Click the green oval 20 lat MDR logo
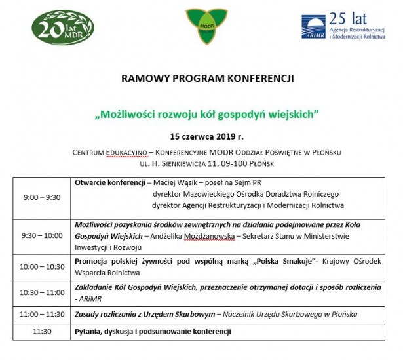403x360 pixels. point(63,28)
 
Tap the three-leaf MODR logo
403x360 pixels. point(206,26)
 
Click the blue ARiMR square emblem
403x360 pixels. point(313,27)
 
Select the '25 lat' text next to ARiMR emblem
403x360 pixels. point(348,18)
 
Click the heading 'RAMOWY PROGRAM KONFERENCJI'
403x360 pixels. point(208,79)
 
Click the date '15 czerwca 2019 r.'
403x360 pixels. point(206,136)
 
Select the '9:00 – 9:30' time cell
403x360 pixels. point(42,197)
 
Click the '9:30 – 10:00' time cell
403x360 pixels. point(42,235)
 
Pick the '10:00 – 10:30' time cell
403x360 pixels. point(42,267)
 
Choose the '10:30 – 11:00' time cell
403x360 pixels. point(42,292)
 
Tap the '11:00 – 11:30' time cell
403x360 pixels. point(42,314)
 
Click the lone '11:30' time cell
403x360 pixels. point(42,331)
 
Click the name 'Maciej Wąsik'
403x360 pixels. point(175,183)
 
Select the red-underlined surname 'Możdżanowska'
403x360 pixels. point(209,236)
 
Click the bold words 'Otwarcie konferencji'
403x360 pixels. point(110,182)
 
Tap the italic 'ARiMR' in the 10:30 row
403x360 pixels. point(90,299)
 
